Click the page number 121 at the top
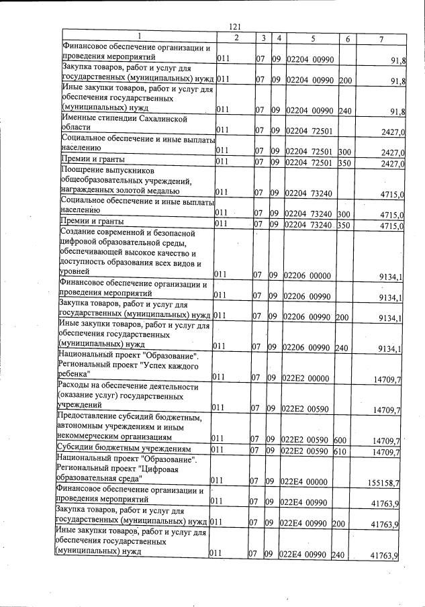[234, 26]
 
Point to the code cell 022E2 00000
[305, 378]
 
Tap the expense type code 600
[340, 440]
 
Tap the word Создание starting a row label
[79, 233]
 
